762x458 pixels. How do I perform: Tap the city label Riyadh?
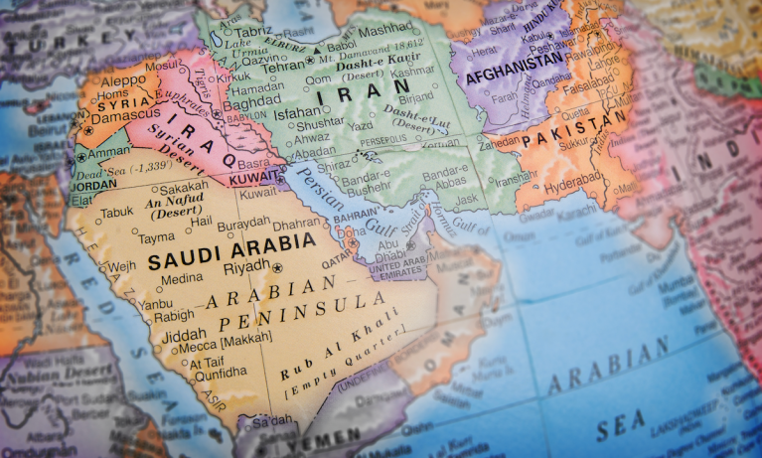[x=247, y=266]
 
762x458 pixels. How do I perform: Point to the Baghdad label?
[x=252, y=103]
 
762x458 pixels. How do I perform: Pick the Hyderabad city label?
[x=574, y=187]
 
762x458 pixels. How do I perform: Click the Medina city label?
[x=181, y=279]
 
